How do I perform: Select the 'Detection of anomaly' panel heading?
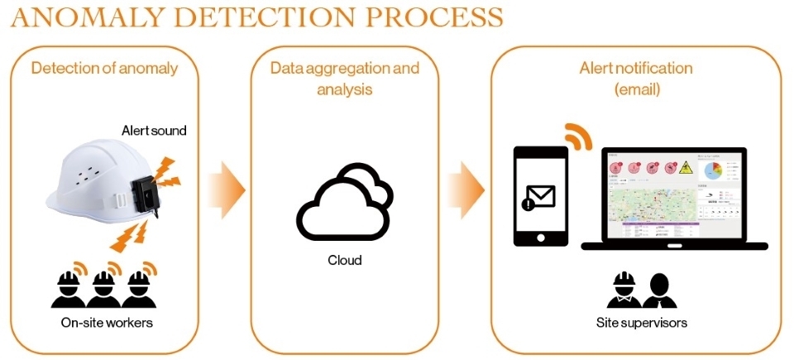(104, 68)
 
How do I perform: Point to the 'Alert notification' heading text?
(636, 68)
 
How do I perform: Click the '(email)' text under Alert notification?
(637, 89)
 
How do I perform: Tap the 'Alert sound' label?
(154, 131)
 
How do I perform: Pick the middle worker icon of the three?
(104, 286)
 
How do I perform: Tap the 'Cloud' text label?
(345, 260)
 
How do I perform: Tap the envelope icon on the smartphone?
(541, 197)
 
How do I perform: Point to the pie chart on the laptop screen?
(712, 170)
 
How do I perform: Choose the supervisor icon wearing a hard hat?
(622, 290)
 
